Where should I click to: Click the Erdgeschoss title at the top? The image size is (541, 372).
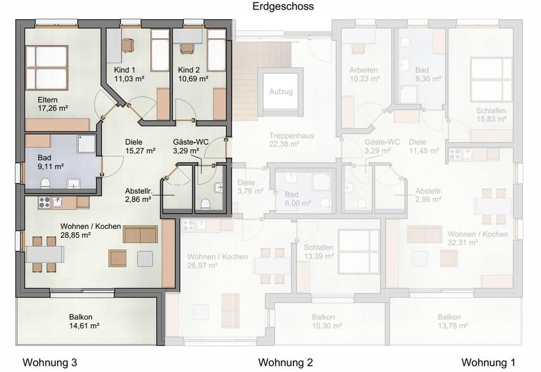(283, 6)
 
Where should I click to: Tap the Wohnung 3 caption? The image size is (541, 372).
(50, 362)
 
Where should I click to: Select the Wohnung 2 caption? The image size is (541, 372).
(285, 362)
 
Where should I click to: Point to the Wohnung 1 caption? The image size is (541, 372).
(488, 362)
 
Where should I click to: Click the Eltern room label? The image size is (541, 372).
(47, 100)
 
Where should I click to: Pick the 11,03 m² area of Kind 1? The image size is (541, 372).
(129, 79)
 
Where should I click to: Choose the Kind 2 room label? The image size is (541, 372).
(189, 70)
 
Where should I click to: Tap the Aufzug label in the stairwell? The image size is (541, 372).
(281, 91)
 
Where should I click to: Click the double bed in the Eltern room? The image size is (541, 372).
(47, 67)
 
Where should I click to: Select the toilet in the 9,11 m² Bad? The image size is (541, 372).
(45, 183)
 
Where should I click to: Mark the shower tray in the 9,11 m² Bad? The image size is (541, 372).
(86, 144)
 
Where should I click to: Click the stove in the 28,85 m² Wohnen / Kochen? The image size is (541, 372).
(44, 202)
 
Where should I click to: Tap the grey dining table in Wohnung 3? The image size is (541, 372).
(45, 254)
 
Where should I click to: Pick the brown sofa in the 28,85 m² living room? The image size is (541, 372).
(140, 234)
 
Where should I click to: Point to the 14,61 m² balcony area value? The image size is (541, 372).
(85, 326)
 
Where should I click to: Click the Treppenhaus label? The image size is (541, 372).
(291, 136)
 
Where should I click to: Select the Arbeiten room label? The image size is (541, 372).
(363, 70)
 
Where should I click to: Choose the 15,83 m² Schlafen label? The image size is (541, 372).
(491, 115)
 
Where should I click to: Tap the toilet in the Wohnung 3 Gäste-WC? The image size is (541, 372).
(206, 203)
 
